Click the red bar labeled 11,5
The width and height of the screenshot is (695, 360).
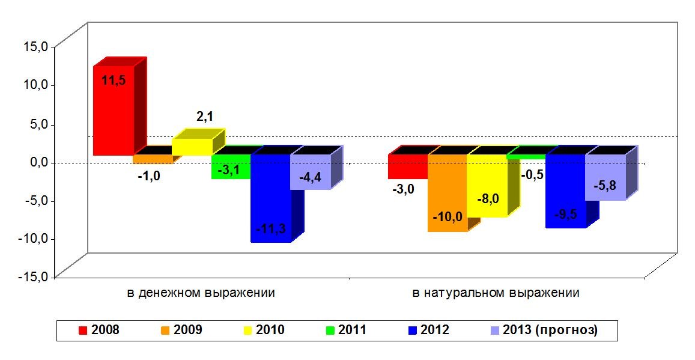113,111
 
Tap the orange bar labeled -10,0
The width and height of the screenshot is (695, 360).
448,192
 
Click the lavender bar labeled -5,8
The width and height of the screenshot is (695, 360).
605,177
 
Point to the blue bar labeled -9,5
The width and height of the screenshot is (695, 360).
565,191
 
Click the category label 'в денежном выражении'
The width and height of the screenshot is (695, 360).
201,293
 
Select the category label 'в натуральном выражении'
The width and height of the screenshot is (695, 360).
496,293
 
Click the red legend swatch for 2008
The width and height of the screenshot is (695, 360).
83,330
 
